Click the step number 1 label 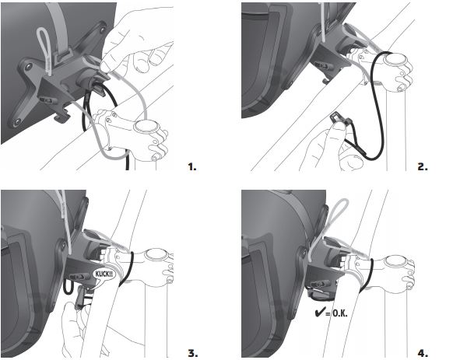[192, 167]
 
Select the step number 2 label [423, 167]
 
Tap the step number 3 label [193, 353]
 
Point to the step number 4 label [423, 353]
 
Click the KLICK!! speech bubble [104, 275]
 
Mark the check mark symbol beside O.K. [319, 313]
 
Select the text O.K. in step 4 [340, 313]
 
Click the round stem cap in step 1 [146, 127]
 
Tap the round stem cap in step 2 [394, 59]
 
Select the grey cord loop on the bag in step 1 [44, 50]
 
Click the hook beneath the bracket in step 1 [62, 117]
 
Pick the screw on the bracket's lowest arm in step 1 [17, 121]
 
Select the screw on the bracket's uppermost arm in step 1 [103, 30]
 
